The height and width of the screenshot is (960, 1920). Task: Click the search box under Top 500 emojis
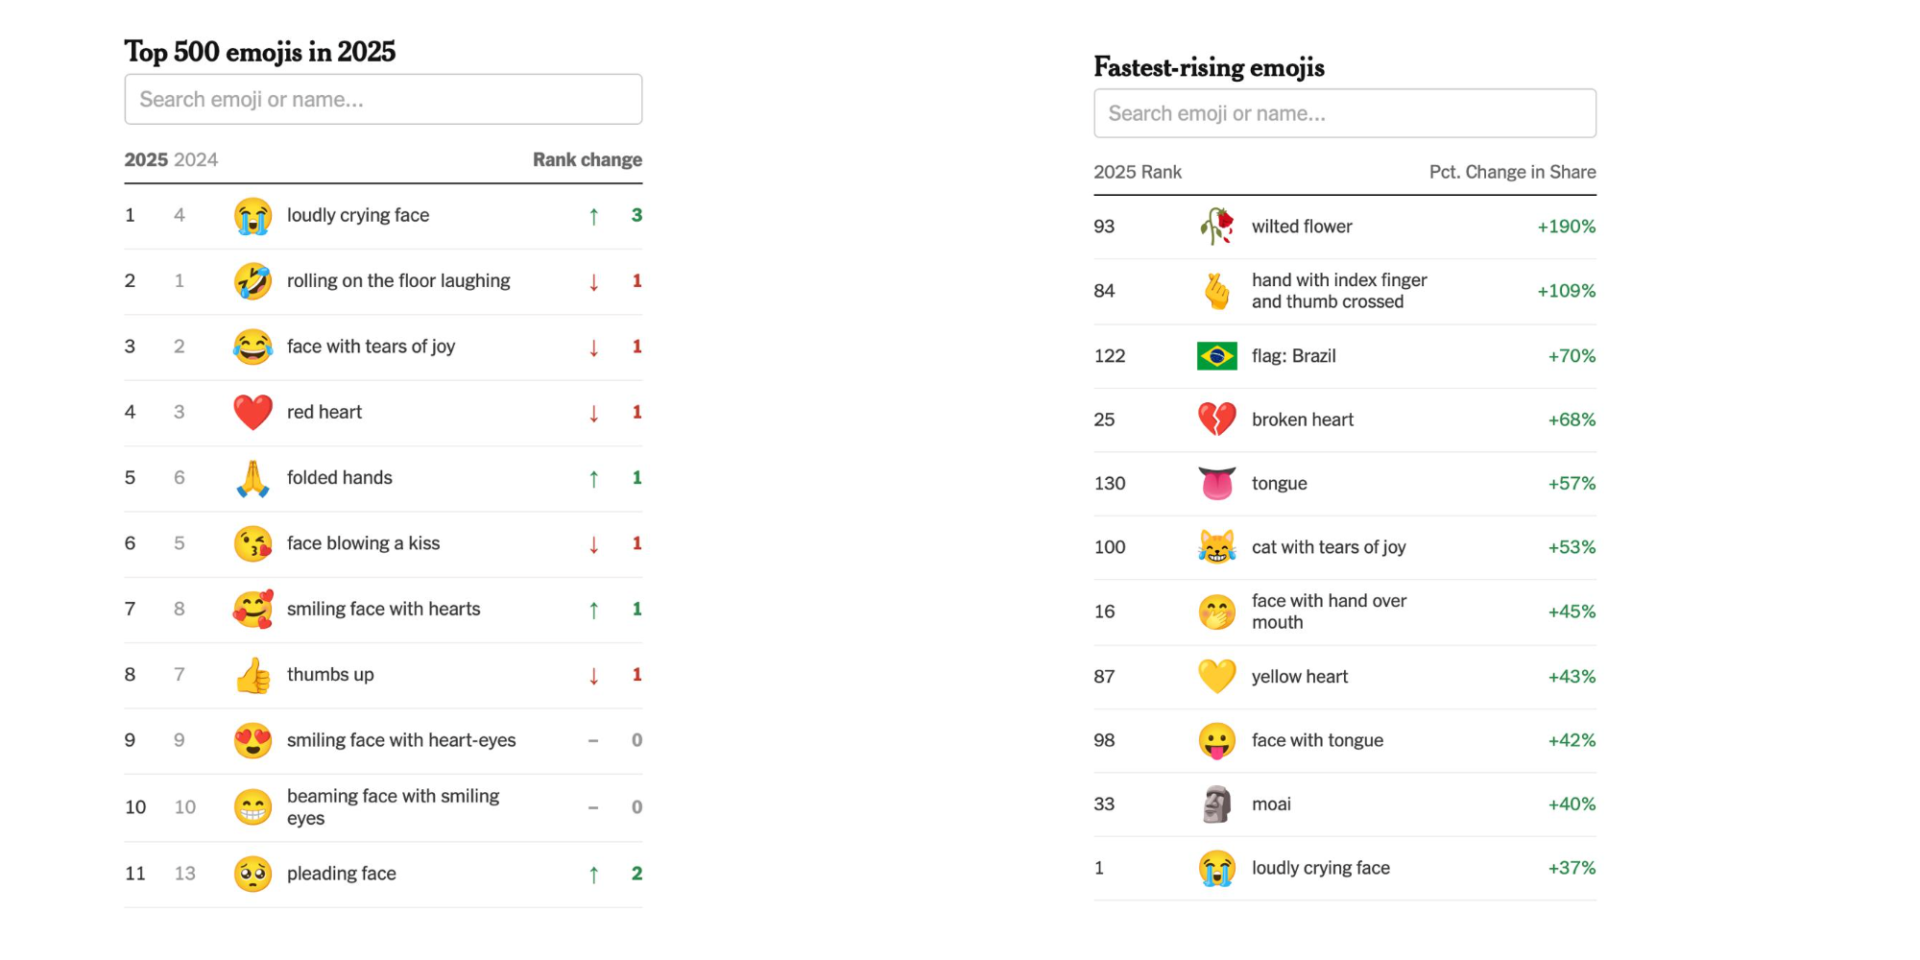point(383,99)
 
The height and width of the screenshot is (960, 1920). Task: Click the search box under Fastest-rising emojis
point(1345,113)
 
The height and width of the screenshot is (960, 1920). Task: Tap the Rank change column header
point(588,159)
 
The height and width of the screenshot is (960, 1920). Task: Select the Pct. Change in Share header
point(1512,172)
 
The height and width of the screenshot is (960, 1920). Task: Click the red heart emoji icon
point(253,413)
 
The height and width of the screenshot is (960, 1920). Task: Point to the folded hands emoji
point(253,478)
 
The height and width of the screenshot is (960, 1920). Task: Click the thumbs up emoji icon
point(253,675)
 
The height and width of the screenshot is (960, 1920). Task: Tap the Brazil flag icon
point(1216,356)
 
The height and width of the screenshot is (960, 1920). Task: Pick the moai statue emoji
point(1216,804)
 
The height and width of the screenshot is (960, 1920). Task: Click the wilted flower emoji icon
point(1216,227)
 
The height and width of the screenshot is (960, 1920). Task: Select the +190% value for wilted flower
point(1567,227)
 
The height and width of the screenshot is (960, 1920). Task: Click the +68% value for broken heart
point(1572,420)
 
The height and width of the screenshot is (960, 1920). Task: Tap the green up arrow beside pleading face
point(594,875)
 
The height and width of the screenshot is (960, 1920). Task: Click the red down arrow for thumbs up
point(594,676)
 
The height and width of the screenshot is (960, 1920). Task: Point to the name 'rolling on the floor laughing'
point(398,280)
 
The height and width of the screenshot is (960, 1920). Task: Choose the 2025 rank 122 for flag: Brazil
point(1110,356)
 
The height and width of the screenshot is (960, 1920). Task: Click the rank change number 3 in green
point(636,215)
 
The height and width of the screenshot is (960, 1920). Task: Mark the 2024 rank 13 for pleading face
point(185,874)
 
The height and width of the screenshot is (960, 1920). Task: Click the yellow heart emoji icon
point(1216,677)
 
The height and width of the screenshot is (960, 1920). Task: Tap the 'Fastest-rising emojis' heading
point(1209,67)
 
